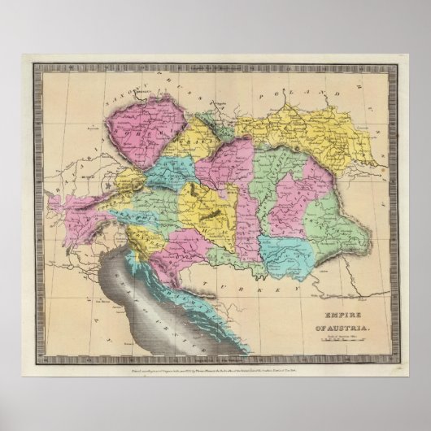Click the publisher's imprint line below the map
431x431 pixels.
pyautogui.click(x=215, y=362)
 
